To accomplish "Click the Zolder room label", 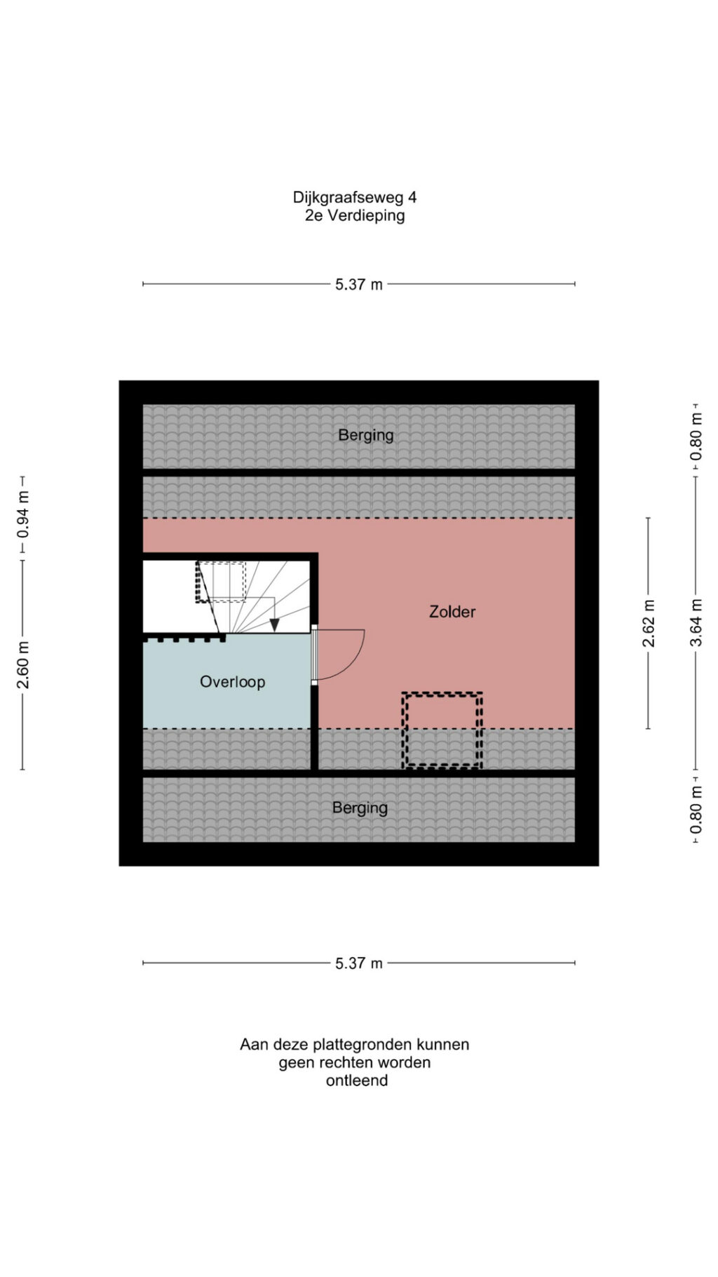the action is pos(452,612).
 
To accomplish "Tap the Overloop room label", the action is pos(232,682).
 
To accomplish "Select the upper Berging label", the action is pos(366,435).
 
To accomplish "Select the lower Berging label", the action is pos(360,808).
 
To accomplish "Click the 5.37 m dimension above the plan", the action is pos(359,284).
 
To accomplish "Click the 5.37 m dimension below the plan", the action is pos(359,963).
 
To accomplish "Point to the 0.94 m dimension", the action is pos(23,514).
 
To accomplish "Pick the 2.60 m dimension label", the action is pos(23,664).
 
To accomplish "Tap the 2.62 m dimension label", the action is pos(649,624).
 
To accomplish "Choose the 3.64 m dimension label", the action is pos(696,623).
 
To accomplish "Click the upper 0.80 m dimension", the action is pos(696,436).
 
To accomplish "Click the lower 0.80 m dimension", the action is pos(696,810).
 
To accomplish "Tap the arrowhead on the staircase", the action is pos(275,625).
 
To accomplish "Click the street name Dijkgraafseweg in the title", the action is pos(348,198).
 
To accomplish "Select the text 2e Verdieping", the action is pos(355,215).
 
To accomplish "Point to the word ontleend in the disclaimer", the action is pos(357,1081).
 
